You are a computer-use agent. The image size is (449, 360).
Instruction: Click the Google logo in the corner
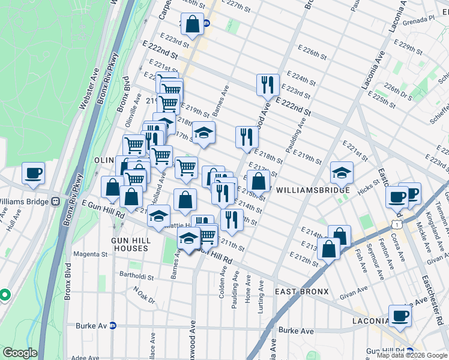20,353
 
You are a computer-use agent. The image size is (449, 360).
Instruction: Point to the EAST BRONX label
301,292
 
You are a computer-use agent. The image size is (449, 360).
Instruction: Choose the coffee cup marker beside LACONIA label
400,316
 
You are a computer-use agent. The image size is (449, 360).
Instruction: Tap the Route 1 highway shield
397,224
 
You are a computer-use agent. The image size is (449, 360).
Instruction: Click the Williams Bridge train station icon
56,201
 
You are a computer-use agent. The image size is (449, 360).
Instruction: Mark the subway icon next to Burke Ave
112,326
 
